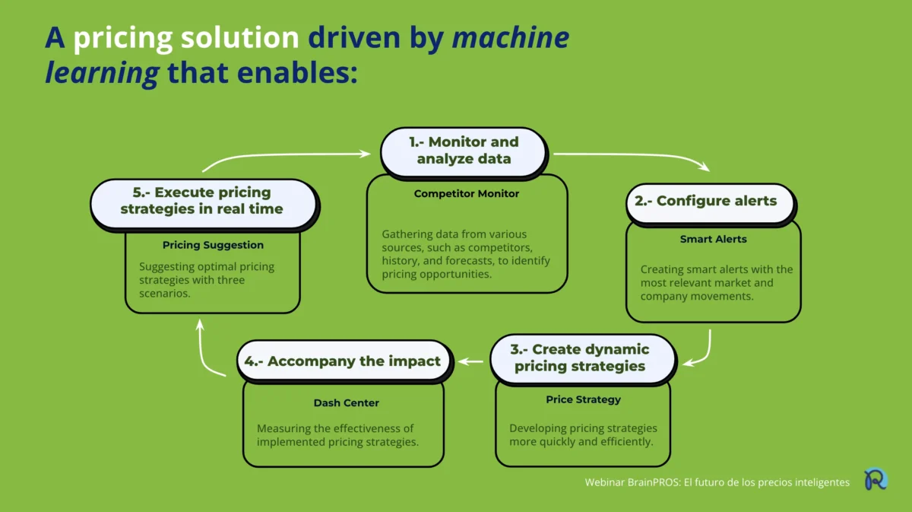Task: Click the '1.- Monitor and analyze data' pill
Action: click(463, 151)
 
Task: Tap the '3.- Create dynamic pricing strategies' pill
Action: click(582, 358)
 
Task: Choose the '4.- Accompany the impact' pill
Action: click(344, 361)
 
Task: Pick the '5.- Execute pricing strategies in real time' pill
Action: click(202, 201)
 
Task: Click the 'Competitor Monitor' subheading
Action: click(467, 194)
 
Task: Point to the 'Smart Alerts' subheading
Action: click(713, 239)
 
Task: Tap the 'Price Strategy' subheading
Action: click(583, 399)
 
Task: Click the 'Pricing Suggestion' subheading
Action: click(213, 245)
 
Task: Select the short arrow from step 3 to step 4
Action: click(472, 361)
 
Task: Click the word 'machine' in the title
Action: click(511, 37)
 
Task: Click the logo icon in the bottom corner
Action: click(876, 480)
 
